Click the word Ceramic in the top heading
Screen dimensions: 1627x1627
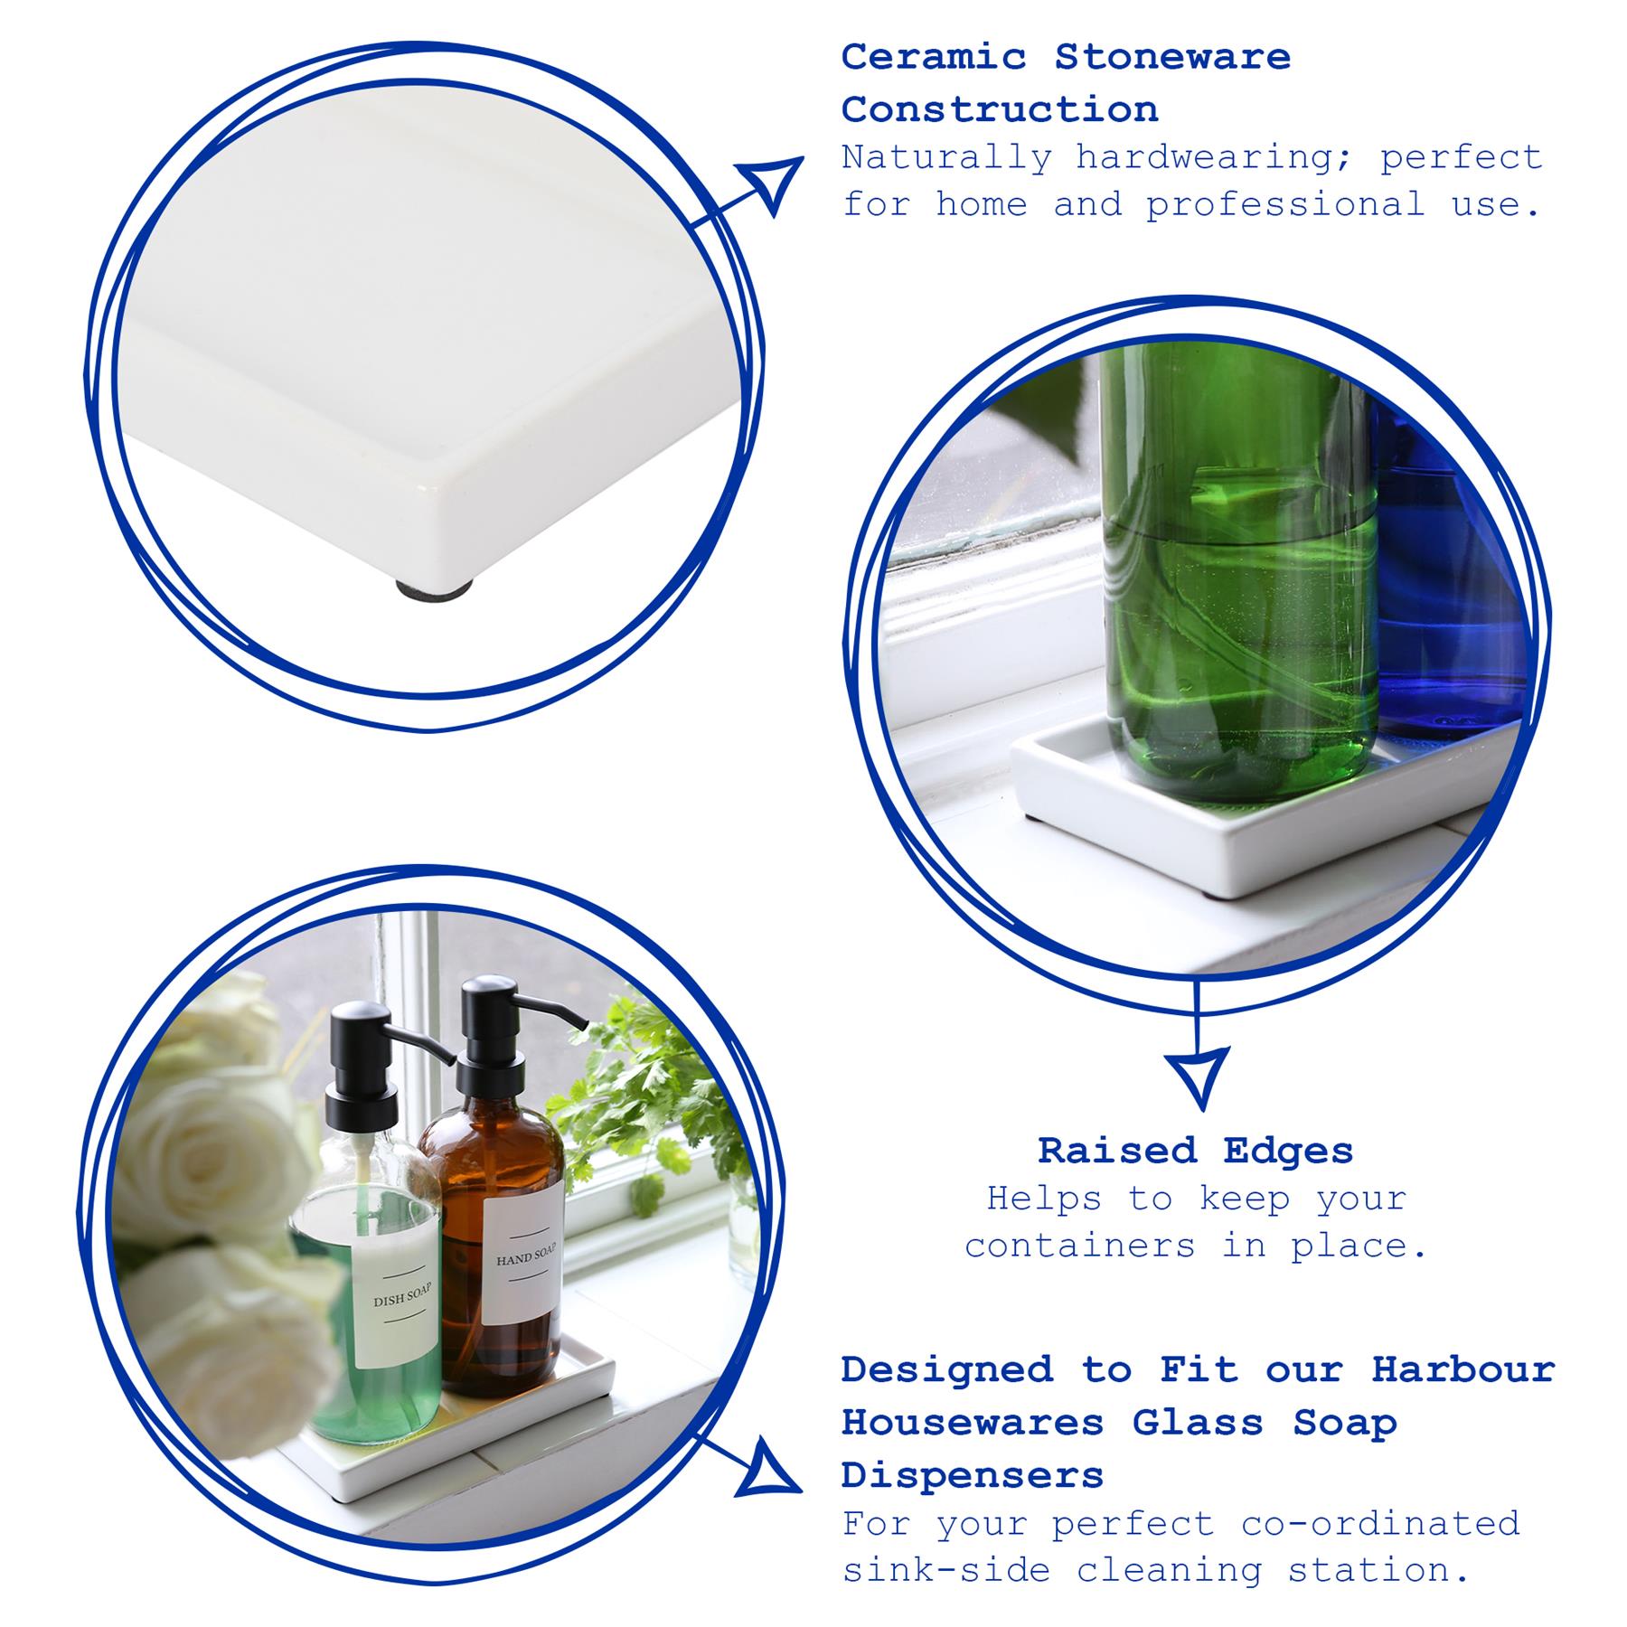(934, 57)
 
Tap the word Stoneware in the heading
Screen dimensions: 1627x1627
(1172, 57)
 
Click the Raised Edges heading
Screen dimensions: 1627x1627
(1195, 1151)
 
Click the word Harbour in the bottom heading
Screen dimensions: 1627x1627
(1462, 1369)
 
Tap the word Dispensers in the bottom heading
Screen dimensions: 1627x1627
(973, 1475)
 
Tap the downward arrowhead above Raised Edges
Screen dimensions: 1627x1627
(1198, 1074)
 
